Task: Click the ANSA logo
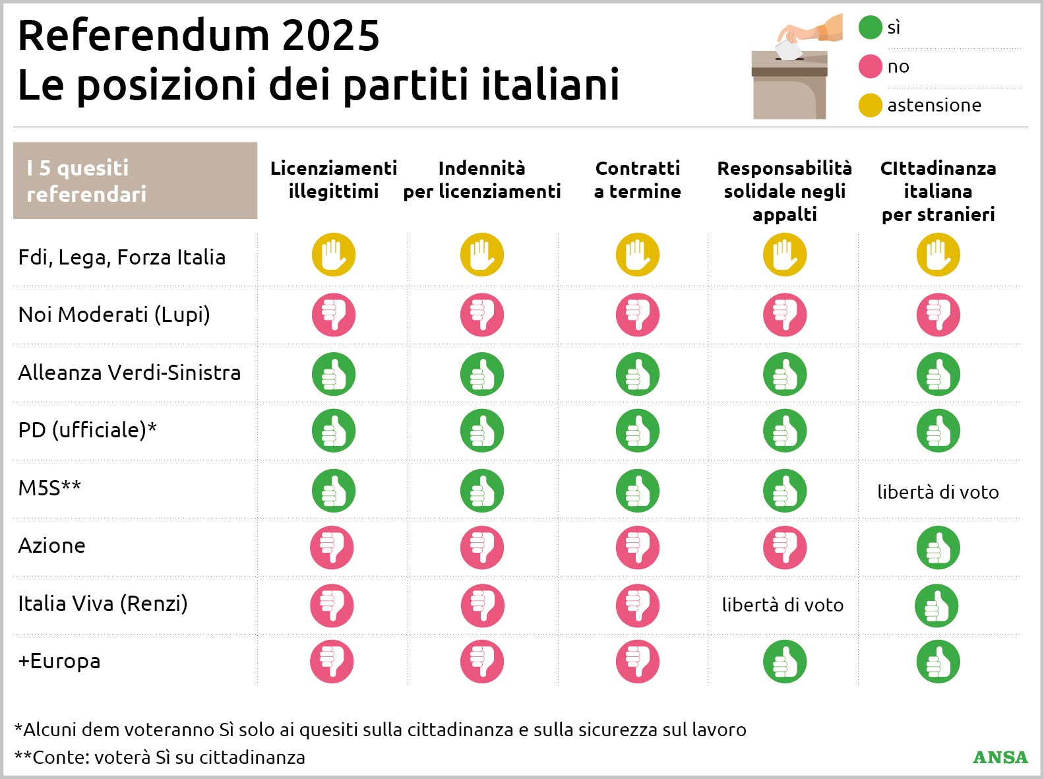click(x=1000, y=757)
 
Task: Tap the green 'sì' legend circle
click(x=870, y=28)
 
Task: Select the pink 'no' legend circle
click(x=870, y=67)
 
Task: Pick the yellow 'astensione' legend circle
click(x=870, y=106)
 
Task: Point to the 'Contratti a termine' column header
click(x=637, y=179)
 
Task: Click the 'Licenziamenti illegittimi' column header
click(x=334, y=179)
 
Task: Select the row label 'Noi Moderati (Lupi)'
click(x=114, y=315)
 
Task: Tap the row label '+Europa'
click(x=59, y=661)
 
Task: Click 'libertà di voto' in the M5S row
click(x=938, y=492)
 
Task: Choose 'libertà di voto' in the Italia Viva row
click(x=783, y=605)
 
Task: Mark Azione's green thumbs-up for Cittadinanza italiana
click(x=938, y=547)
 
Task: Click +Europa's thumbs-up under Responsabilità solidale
click(x=785, y=662)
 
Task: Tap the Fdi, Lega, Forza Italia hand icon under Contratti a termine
click(x=637, y=255)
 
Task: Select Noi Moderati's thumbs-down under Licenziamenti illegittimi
click(x=334, y=315)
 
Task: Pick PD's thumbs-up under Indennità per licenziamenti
click(x=482, y=431)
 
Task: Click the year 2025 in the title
click(x=331, y=36)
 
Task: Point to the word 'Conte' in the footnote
click(x=56, y=757)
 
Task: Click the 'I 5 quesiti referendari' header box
click(x=135, y=181)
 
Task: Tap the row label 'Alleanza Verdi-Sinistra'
click(x=129, y=373)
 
